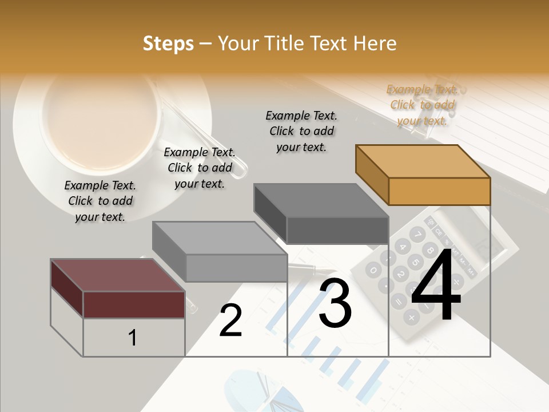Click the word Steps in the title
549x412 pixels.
(168, 43)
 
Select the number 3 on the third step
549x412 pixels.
(335, 303)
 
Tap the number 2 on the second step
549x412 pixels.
(230, 320)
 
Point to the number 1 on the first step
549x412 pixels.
(133, 338)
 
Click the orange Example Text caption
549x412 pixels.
(423, 105)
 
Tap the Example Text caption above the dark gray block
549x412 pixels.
(301, 131)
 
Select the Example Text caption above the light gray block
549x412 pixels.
(200, 168)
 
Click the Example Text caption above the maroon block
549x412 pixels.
(100, 201)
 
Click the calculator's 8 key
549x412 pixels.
(429, 249)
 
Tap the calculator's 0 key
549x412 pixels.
(373, 270)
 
